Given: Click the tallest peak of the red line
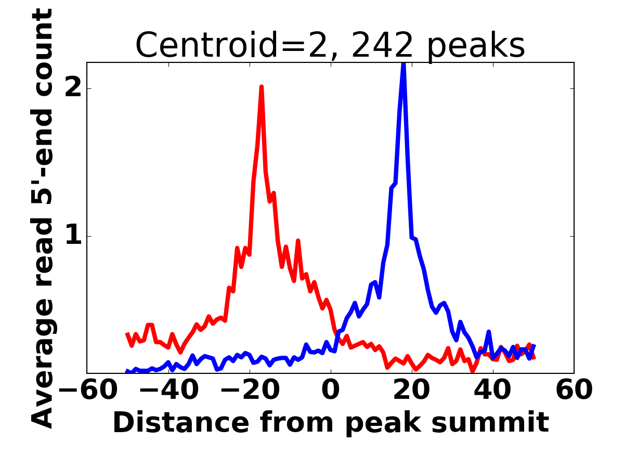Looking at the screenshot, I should (262, 87).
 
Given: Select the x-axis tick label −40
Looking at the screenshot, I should (168, 390).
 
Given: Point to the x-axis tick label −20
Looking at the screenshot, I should (250, 390).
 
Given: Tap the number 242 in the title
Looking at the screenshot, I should (383, 45).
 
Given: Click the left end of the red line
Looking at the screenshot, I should (127, 334).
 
